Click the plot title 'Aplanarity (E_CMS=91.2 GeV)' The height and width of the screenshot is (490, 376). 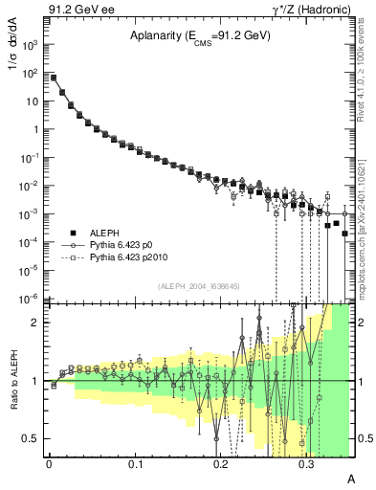[200, 35]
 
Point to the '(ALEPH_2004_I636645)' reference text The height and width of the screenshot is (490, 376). [198, 286]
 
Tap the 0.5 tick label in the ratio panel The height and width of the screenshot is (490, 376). [33, 438]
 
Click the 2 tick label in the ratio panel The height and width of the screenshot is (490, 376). [38, 323]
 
